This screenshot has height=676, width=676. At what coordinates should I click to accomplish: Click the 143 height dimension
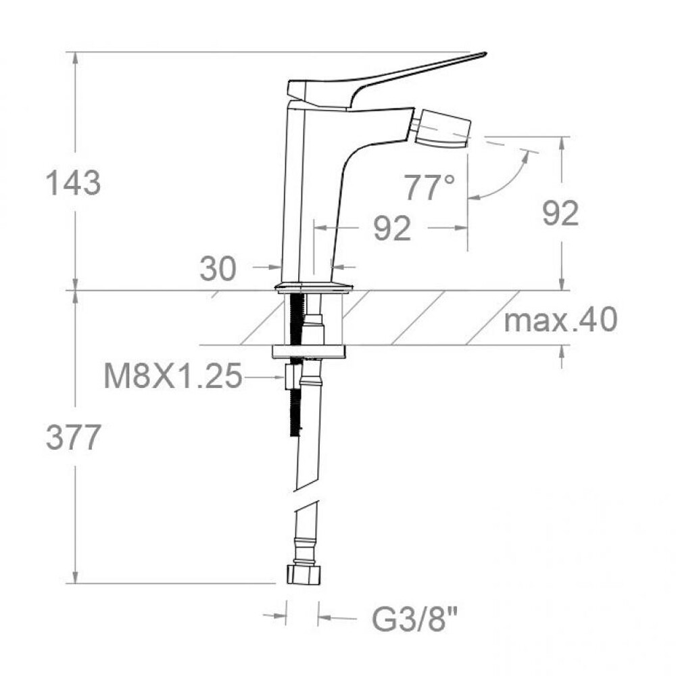pyautogui.click(x=73, y=183)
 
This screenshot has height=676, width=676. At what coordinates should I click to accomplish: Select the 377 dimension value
pyautogui.click(x=73, y=437)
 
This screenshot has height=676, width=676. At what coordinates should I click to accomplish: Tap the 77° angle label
pyautogui.click(x=429, y=187)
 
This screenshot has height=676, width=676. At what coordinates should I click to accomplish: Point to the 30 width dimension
pyautogui.click(x=218, y=268)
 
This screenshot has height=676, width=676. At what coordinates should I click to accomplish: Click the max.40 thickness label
pyautogui.click(x=561, y=320)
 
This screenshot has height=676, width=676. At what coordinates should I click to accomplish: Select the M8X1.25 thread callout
pyautogui.click(x=173, y=375)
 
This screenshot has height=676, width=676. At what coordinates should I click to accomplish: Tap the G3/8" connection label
pyautogui.click(x=415, y=619)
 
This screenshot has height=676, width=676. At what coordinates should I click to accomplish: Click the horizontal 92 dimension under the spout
pyautogui.click(x=392, y=228)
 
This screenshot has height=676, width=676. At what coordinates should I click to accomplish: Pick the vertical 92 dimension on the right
pyautogui.click(x=560, y=214)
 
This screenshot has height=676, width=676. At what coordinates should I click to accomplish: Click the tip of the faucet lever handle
pyautogui.click(x=485, y=54)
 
